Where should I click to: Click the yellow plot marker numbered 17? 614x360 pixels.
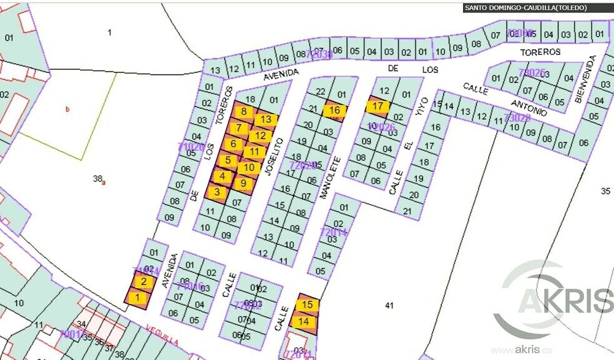click(378, 106)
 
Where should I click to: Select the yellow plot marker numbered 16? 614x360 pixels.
click(334, 111)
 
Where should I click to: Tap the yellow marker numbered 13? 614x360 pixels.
click(266, 119)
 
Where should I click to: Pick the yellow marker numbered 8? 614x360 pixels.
click(245, 112)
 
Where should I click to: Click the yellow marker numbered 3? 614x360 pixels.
click(217, 192)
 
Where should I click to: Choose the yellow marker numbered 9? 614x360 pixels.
click(243, 183)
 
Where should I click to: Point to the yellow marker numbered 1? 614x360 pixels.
click(137, 298)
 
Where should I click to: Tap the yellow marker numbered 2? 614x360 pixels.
click(144, 281)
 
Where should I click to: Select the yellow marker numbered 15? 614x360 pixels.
click(306, 305)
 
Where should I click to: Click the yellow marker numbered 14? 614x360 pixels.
click(304, 322)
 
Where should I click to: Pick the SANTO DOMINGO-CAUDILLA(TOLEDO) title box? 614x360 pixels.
click(529, 8)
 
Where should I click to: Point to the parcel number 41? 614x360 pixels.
click(390, 306)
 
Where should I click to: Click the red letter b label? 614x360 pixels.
click(67, 109)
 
